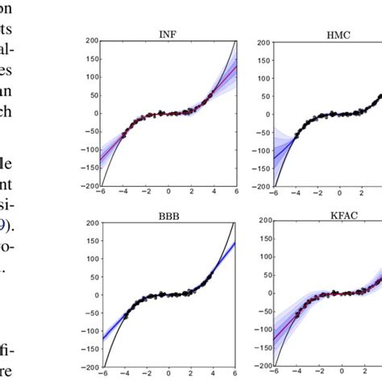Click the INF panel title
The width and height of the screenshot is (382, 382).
[x=168, y=33]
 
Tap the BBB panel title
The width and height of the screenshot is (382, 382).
[x=168, y=216]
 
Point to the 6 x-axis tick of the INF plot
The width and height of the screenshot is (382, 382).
[x=236, y=193]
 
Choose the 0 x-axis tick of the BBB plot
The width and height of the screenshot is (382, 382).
[x=168, y=375]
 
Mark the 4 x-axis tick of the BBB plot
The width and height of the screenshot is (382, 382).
[x=214, y=375]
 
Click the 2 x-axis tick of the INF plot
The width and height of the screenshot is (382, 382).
[x=191, y=193]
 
